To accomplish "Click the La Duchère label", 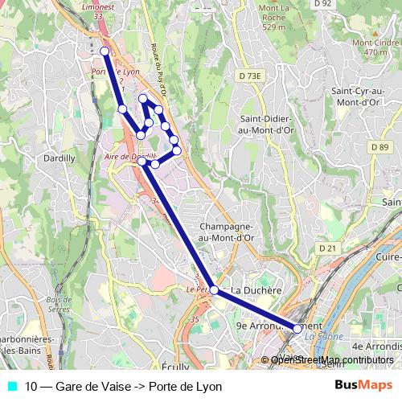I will click(256, 289).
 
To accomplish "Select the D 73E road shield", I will click(251, 76).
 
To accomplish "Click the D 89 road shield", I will click(380, 147).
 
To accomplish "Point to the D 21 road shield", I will click(326, 248).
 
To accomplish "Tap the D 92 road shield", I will click(322, 4).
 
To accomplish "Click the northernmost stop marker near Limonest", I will click(105, 51).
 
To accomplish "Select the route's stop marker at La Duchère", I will click(214, 289).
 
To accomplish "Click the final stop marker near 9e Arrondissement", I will click(297, 328).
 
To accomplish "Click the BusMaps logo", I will click(363, 386).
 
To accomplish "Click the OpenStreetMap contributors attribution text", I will click(332, 359).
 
